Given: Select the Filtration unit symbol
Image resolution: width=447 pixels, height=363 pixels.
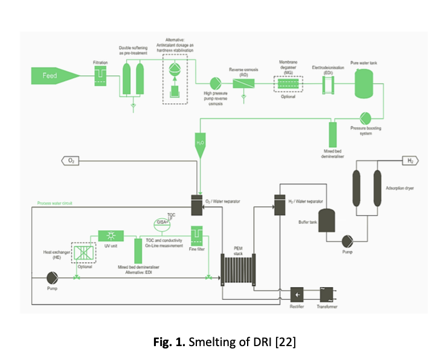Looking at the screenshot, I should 100,77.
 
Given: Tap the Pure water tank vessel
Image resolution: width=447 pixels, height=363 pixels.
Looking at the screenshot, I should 364,83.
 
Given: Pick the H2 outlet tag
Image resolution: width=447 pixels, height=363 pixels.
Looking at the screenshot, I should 411,161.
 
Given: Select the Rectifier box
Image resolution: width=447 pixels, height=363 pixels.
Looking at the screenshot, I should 298,294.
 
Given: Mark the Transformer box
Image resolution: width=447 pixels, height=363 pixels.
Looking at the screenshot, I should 327,294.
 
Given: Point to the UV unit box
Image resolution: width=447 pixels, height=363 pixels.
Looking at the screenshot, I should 111,235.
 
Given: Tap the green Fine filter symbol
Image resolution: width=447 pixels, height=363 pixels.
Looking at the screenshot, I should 198,234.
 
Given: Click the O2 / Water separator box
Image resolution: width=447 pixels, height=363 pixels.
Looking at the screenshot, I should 198,205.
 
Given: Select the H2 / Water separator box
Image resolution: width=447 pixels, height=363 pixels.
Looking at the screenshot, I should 279,205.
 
